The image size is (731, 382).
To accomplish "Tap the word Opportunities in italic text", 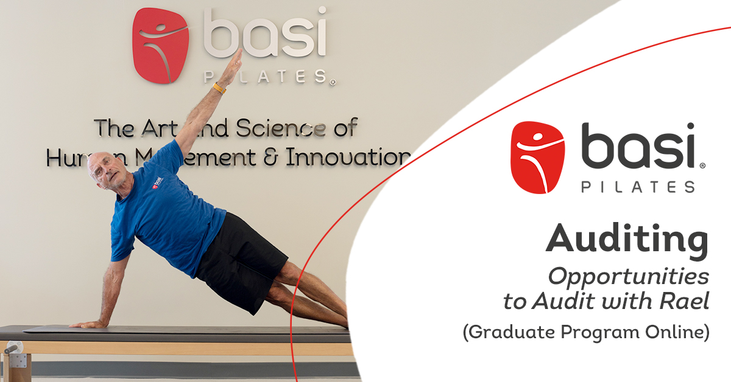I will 629,277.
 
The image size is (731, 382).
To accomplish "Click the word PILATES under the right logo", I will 637,187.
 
